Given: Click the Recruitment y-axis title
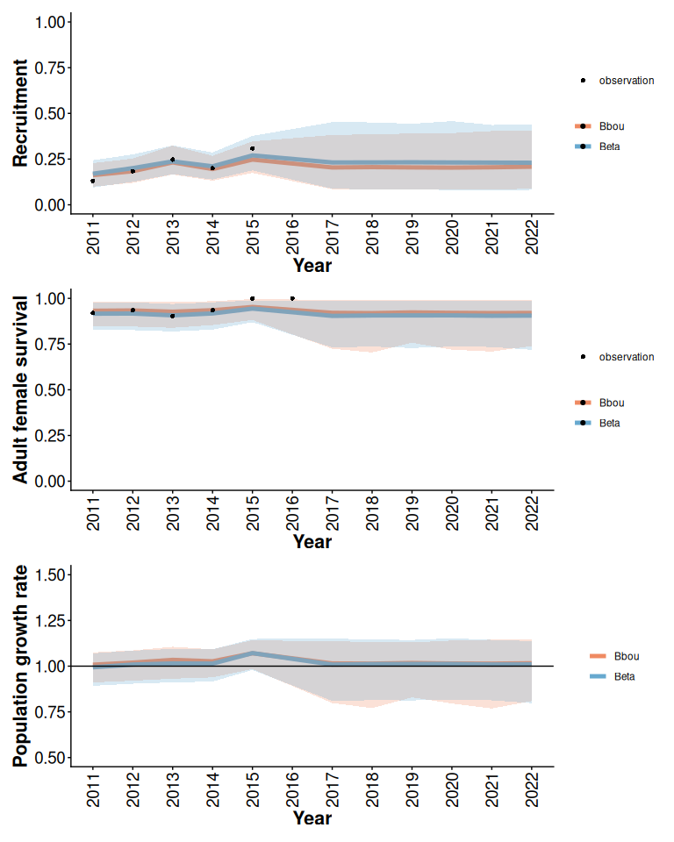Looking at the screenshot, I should [x=21, y=113].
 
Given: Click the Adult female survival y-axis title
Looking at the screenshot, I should [x=21, y=388].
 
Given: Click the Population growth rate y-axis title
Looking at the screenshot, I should [x=21, y=667].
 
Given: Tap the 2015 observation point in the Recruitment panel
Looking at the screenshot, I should [x=252, y=148].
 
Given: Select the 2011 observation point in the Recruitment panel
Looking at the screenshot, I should [x=92, y=181].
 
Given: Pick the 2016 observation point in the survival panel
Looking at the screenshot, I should [x=292, y=298].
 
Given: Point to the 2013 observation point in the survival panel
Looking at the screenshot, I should [x=172, y=316].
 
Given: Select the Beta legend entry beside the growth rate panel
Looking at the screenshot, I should [x=624, y=676].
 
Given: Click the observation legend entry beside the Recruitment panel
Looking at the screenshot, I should [x=626, y=81].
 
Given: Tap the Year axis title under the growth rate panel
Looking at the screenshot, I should [x=312, y=818].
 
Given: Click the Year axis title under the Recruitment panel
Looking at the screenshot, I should [x=312, y=265].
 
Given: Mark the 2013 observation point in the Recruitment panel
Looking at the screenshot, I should [x=172, y=160].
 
